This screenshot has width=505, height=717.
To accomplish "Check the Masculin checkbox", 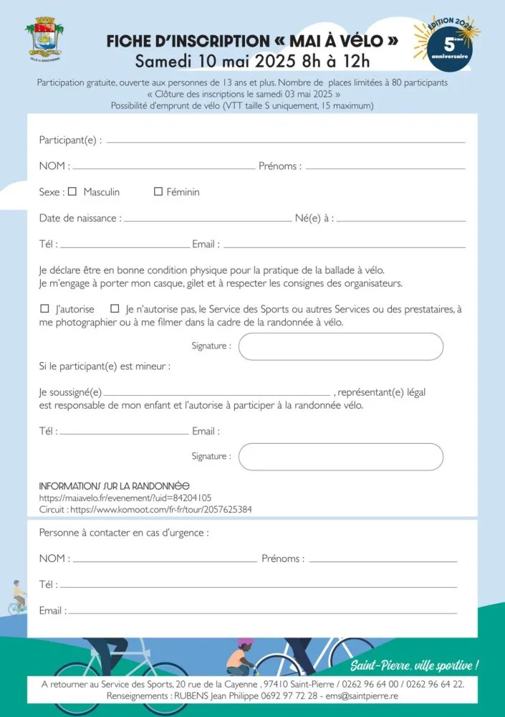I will [72, 192].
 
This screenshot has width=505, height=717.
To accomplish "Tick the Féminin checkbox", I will [158, 192].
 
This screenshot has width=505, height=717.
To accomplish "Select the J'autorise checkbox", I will [45, 309].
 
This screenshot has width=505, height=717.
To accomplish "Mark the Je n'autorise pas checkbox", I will [115, 309].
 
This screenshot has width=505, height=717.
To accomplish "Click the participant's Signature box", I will [340, 346].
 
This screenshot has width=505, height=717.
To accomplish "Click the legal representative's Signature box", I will [340, 457].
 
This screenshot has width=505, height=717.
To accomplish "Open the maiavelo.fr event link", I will [125, 498].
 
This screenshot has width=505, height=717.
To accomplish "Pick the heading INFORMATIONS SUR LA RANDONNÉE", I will [114, 486].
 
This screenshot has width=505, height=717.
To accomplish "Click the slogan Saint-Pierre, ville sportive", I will [415, 665].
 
